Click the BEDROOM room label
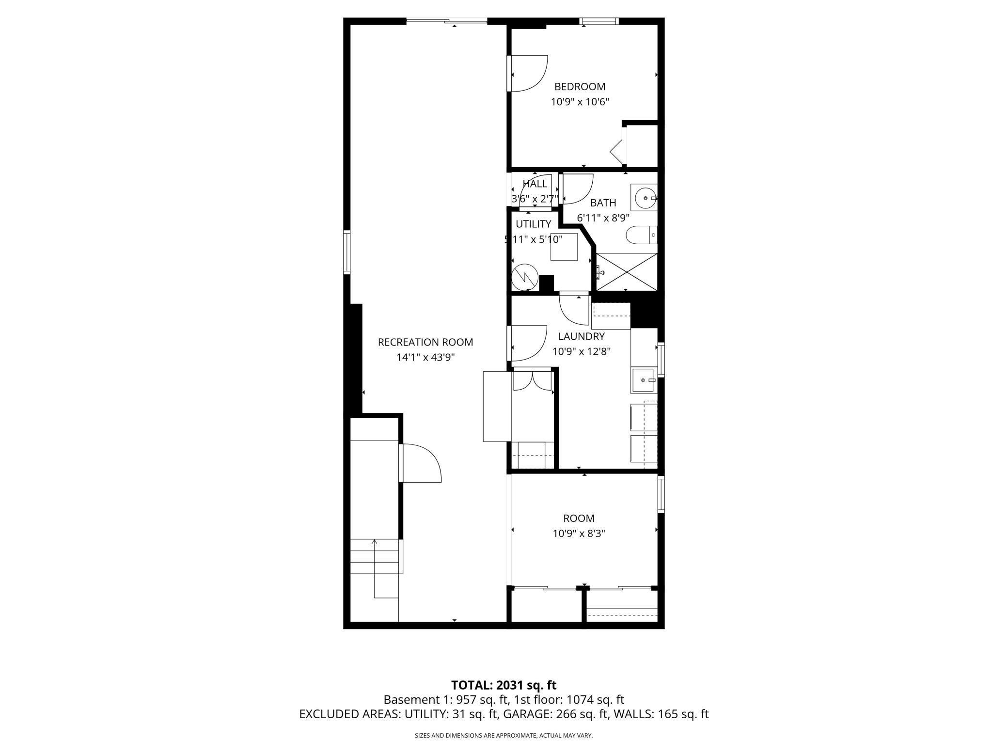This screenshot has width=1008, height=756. [x=580, y=87]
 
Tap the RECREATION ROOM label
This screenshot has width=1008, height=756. [x=425, y=342]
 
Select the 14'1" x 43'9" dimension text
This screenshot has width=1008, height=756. [x=425, y=358]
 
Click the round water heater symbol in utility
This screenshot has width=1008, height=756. [x=525, y=277]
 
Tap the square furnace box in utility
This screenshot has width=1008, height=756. [x=564, y=247]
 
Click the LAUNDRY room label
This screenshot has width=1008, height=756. [x=581, y=336]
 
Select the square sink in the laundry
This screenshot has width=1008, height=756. [x=644, y=380]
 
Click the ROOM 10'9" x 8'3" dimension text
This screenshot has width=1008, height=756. [x=579, y=534]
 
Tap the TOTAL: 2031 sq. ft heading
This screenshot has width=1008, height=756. [x=504, y=685]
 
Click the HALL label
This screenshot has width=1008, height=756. [x=535, y=184]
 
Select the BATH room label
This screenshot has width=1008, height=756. [x=603, y=203]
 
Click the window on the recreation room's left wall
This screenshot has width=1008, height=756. [x=346, y=252]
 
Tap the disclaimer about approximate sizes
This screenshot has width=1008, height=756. [x=504, y=735]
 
